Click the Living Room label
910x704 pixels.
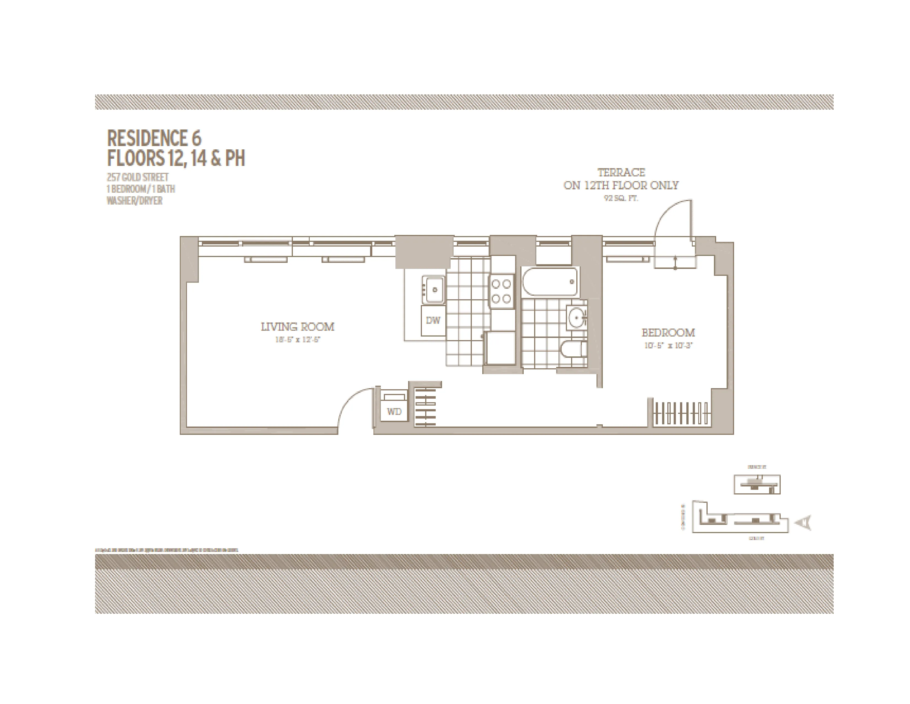point(298,327)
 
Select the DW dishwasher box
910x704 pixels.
point(433,320)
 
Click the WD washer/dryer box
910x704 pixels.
point(394,411)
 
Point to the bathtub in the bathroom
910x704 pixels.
point(550,282)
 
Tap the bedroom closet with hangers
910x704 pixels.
point(681,413)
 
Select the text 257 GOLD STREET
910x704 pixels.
point(138,177)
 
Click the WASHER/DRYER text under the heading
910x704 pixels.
point(135,201)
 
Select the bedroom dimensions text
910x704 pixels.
point(668,345)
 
